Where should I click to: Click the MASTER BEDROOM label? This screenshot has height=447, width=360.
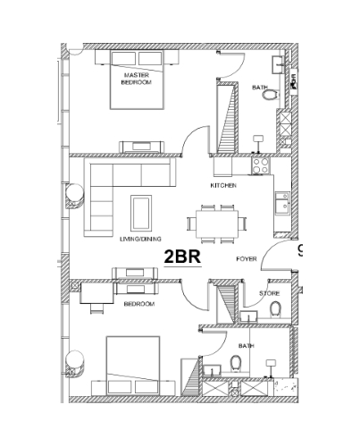coord(137,79)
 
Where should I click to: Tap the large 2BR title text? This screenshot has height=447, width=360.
coord(182,257)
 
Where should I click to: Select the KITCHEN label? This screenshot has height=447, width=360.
coord(223,185)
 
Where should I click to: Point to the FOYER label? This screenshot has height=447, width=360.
coord(247,259)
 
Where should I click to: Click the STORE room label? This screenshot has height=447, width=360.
coord(269,293)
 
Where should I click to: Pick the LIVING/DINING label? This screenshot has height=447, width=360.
coord(140,239)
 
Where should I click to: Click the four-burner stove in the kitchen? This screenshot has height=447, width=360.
coord(261,165)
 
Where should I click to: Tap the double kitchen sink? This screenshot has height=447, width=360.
coord(282,203)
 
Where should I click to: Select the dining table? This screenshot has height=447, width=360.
coord(217,224)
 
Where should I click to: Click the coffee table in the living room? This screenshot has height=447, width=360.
coord(141,213)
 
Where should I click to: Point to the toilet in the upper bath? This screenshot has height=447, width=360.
coord(271,95)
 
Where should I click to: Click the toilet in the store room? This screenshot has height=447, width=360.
coord(275,308)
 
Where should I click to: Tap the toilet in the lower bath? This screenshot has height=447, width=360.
coord(236,363)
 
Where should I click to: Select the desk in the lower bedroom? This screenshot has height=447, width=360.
coord(96,293)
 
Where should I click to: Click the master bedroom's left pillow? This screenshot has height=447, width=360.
coord(123,58)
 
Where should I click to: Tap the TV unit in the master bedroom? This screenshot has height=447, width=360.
coord(142,147)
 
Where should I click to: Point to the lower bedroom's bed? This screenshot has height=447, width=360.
coord(133,366)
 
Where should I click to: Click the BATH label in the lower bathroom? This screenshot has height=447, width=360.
coord(247,346)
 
